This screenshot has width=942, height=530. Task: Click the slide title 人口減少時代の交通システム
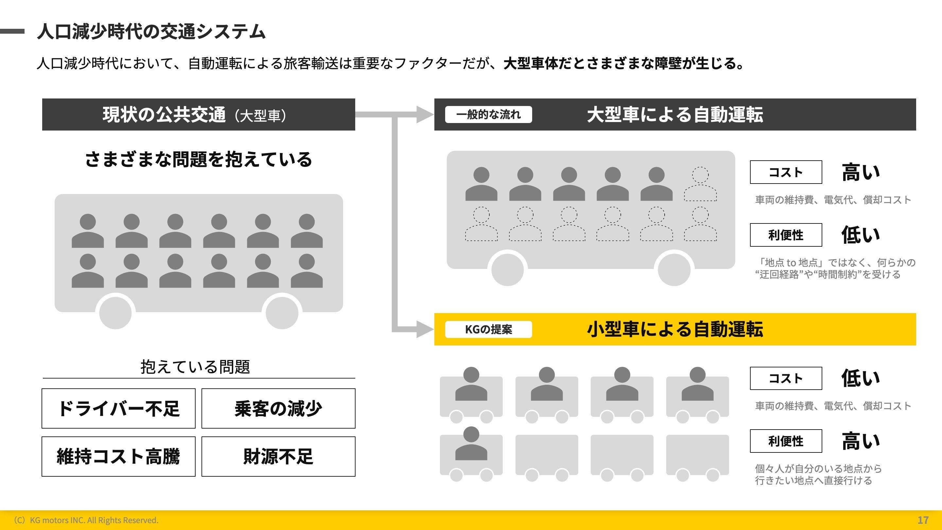tap(151, 31)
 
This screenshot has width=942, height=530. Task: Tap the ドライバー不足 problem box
tap(118, 408)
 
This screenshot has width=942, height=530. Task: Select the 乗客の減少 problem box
tap(278, 408)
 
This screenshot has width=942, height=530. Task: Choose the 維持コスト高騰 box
tap(118, 456)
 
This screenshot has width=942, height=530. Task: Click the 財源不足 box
tap(278, 456)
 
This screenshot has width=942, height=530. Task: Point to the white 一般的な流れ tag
tap(488, 115)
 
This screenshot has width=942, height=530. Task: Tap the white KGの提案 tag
tap(488, 329)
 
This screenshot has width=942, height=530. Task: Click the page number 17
tap(923, 520)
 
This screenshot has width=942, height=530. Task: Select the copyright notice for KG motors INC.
tap(86, 520)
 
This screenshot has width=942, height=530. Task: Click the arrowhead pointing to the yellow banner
tap(424, 329)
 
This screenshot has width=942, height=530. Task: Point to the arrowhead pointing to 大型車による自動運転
tap(424, 115)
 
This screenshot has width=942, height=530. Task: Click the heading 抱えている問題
tap(195, 366)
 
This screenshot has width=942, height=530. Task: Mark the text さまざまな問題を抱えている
tap(199, 159)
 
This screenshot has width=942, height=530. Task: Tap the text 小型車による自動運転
tap(675, 329)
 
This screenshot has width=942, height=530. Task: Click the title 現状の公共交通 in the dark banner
tap(164, 115)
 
